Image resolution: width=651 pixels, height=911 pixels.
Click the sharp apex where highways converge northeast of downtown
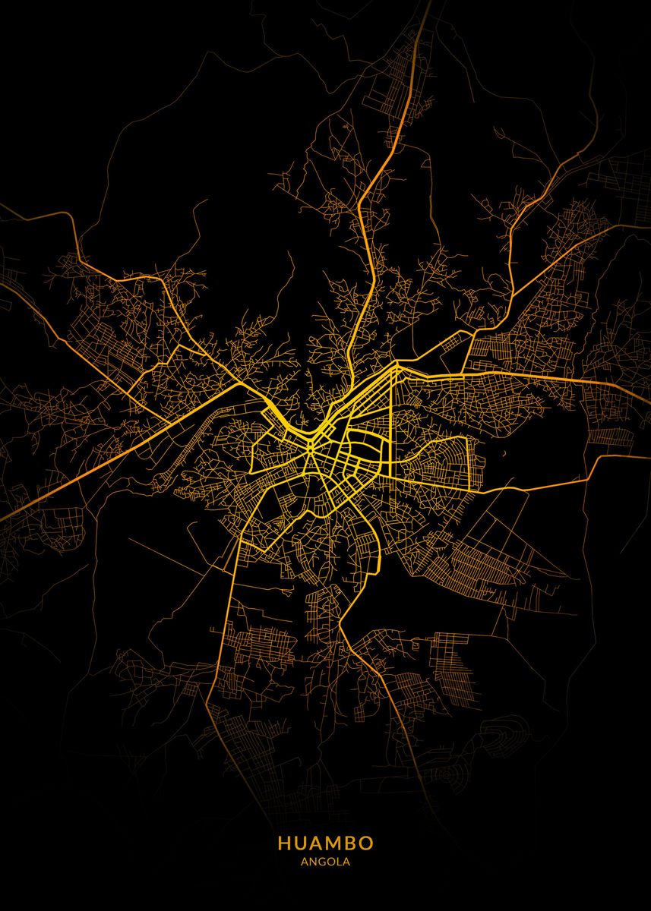point(396,365)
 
